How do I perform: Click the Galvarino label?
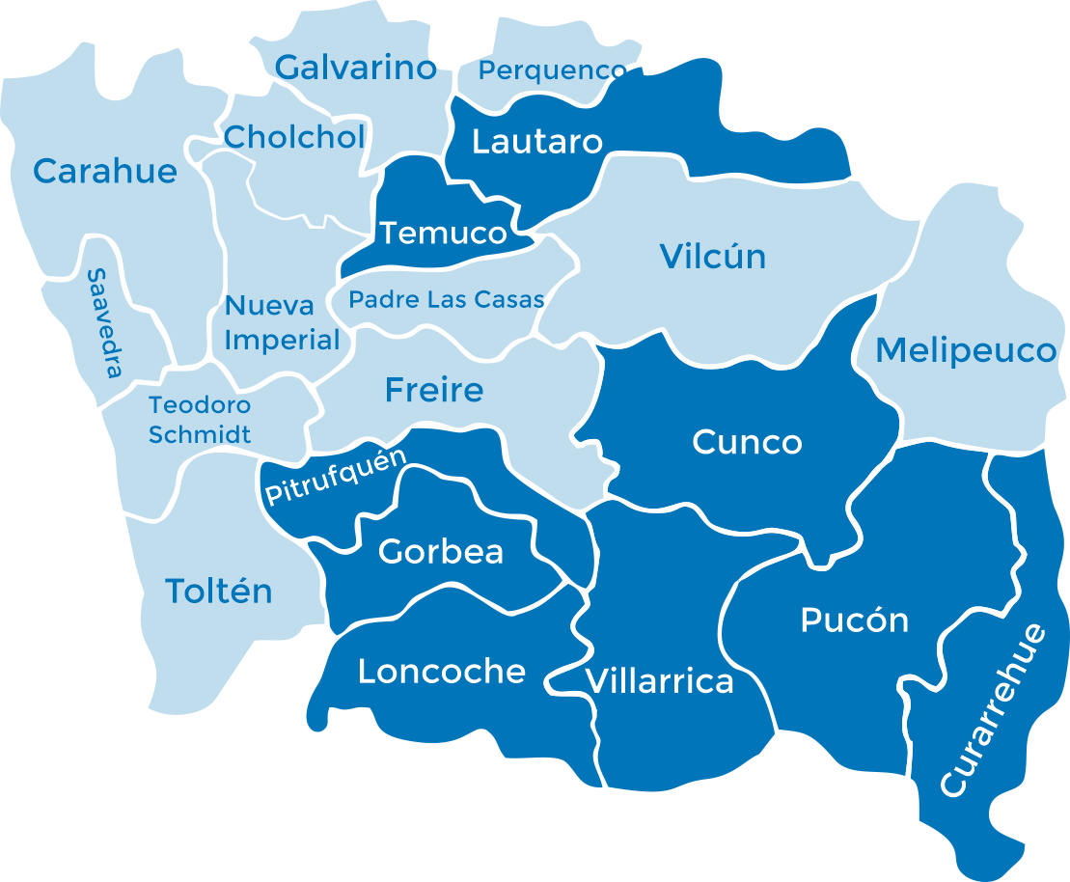pos(356,68)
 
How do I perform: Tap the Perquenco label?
pos(552,70)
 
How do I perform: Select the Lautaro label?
pos(536,143)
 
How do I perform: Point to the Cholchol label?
pos(294,137)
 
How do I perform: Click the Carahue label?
pos(105,172)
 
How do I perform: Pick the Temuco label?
pos(443,234)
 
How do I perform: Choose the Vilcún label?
pos(713,257)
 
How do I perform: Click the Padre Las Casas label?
pos(446,300)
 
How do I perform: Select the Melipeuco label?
pos(966,350)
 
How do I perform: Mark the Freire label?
pos(434,390)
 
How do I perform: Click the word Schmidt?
pos(200,435)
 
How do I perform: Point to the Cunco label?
pos(747,443)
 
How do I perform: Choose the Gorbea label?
pos(441,552)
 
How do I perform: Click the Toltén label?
pos(219,591)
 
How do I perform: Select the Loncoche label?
pos(442,672)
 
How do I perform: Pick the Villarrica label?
pos(660,682)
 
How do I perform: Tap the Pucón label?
pos(855,620)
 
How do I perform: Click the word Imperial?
pos(282,340)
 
